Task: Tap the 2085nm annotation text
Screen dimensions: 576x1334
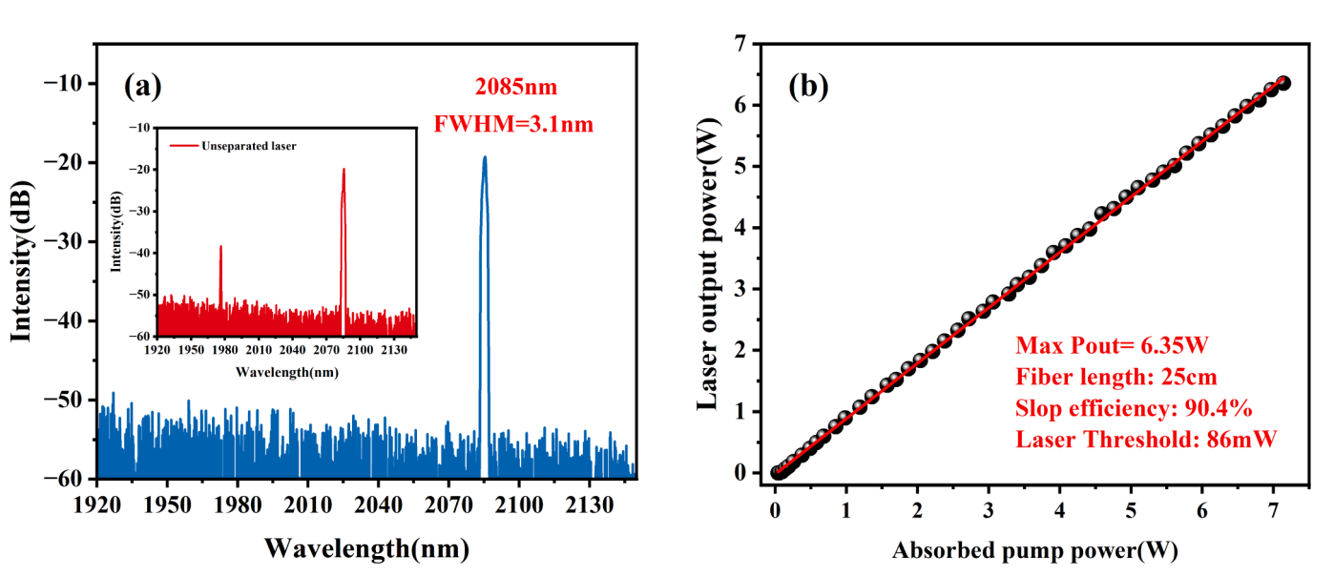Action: pyautogui.click(x=516, y=88)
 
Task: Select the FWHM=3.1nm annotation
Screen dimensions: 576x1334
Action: pyautogui.click(x=514, y=123)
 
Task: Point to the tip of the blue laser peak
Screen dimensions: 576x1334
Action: pyautogui.click(x=485, y=158)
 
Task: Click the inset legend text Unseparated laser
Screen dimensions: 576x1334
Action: pyautogui.click(x=255, y=146)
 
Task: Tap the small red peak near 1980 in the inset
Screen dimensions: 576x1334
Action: pyautogui.click(x=221, y=247)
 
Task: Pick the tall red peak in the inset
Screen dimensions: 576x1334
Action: pyautogui.click(x=344, y=171)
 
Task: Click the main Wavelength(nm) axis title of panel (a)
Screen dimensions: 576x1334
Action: pyautogui.click(x=366, y=548)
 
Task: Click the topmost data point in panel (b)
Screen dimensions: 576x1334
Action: pyautogui.click(x=1283, y=84)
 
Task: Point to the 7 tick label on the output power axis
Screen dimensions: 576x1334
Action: pyautogui.click(x=740, y=44)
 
